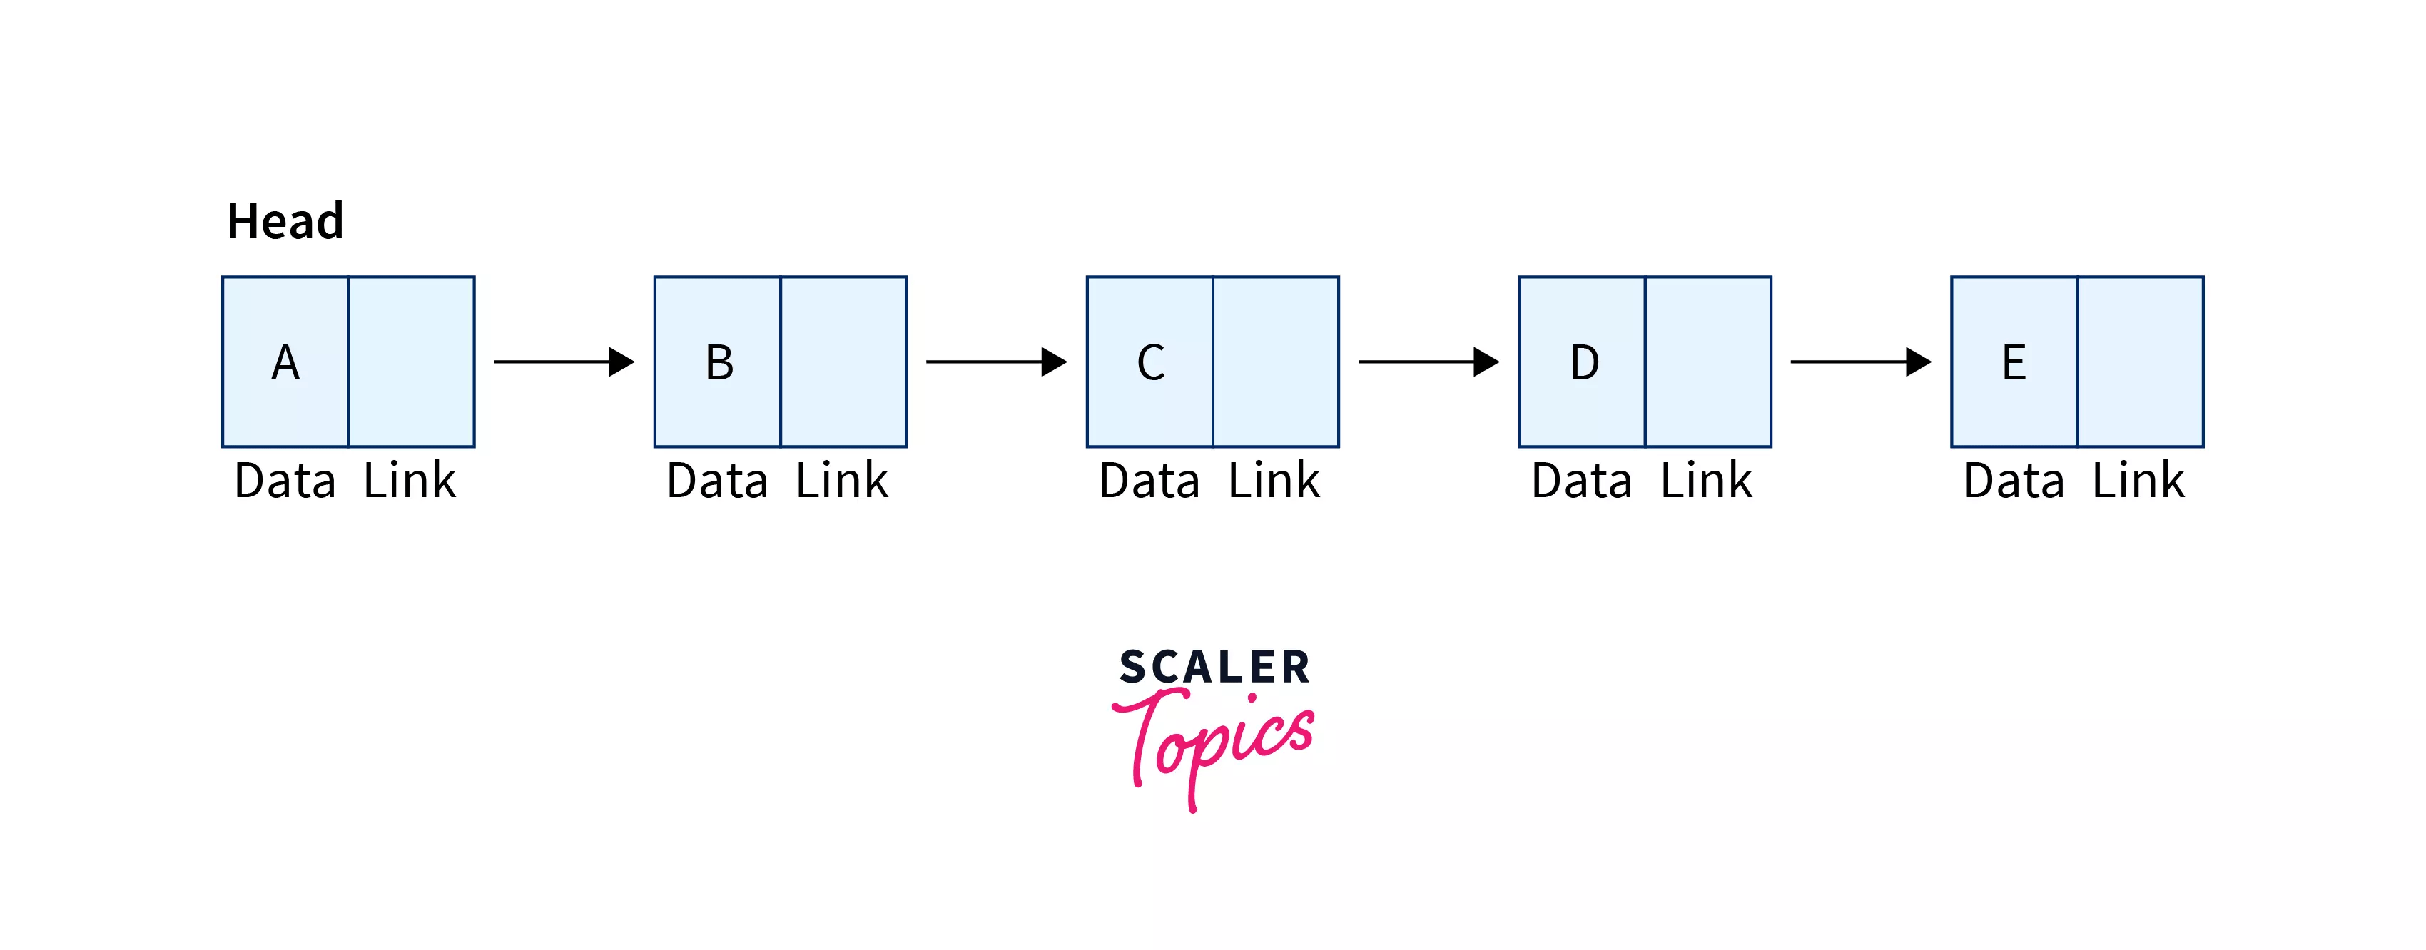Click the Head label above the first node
click(285, 223)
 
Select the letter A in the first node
click(285, 362)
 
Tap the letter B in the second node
click(719, 362)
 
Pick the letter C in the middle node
click(1151, 362)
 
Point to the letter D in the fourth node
click(1584, 362)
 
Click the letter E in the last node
click(2014, 362)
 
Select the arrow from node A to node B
click(563, 362)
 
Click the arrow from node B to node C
click(995, 362)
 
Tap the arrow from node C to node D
click(1428, 362)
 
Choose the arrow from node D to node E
click(1860, 362)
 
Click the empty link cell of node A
click(412, 362)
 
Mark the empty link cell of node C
click(1276, 362)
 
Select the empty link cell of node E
click(2140, 362)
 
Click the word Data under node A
click(285, 481)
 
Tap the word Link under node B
click(842, 481)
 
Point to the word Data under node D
click(1581, 481)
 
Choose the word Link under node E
click(2138, 481)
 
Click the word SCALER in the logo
click(1214, 668)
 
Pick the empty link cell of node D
click(1708, 362)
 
